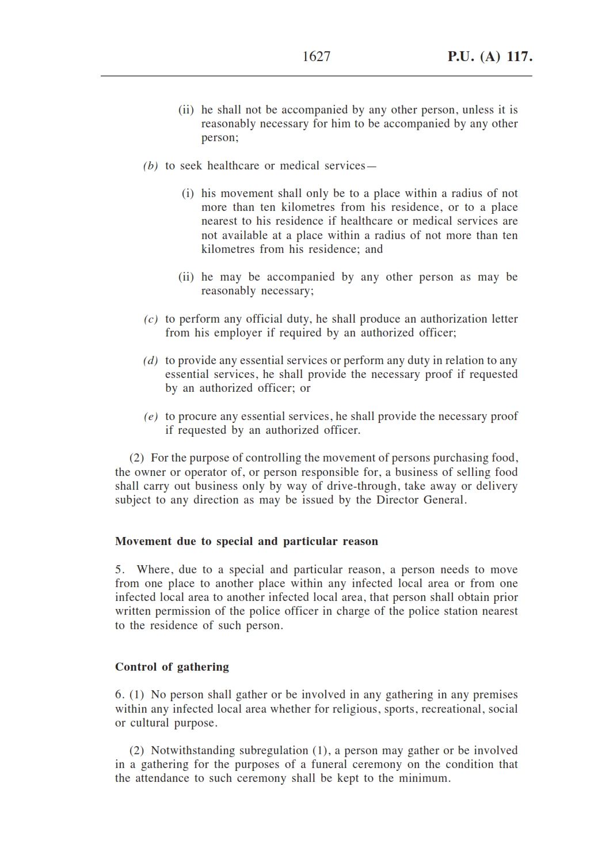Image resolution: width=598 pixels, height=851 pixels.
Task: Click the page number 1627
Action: (x=316, y=56)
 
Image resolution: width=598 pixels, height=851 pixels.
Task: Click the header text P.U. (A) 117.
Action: (x=490, y=56)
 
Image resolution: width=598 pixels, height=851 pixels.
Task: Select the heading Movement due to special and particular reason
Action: (x=246, y=541)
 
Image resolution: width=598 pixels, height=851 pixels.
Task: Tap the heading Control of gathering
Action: (x=172, y=667)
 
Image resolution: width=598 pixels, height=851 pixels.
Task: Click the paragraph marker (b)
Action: (x=150, y=166)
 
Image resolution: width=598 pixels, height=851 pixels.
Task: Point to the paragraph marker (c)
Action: (x=150, y=319)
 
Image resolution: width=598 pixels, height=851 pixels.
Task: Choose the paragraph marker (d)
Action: (x=150, y=361)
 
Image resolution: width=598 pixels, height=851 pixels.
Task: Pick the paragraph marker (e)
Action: (x=150, y=417)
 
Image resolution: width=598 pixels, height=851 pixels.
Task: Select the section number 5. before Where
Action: (x=120, y=570)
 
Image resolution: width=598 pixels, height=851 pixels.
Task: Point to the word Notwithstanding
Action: (x=193, y=750)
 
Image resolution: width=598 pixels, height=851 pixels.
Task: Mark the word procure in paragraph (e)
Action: (x=197, y=416)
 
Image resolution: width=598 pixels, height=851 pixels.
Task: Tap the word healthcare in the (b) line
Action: (x=233, y=166)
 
